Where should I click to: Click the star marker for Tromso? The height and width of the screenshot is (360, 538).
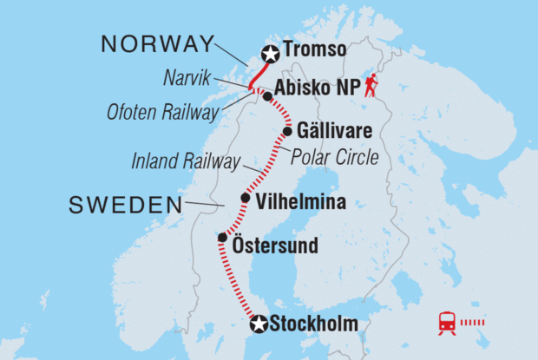pyautogui.click(x=270, y=55)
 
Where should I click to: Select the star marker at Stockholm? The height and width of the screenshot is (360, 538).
pyautogui.click(x=258, y=325)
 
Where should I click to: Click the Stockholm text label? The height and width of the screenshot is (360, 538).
pyautogui.click(x=313, y=325)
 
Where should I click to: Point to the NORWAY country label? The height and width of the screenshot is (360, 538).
pyautogui.click(x=156, y=44)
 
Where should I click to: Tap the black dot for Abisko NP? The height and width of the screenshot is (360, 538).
pyautogui.click(x=267, y=97)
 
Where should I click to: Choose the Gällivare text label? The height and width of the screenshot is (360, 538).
pyautogui.click(x=334, y=132)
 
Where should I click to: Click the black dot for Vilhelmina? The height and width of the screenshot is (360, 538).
pyautogui.click(x=245, y=199)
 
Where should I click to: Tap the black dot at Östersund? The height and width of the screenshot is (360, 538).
pyautogui.click(x=223, y=237)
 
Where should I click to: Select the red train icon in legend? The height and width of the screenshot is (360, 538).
pyautogui.click(x=448, y=323)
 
